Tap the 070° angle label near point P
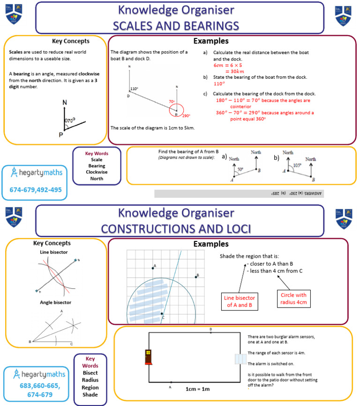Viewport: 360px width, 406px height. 70,120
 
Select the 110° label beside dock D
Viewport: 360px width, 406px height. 134,89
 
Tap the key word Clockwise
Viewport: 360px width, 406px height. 97,172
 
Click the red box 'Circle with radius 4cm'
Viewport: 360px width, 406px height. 293,299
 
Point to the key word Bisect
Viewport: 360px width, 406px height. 90,372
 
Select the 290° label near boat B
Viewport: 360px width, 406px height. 186,116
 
